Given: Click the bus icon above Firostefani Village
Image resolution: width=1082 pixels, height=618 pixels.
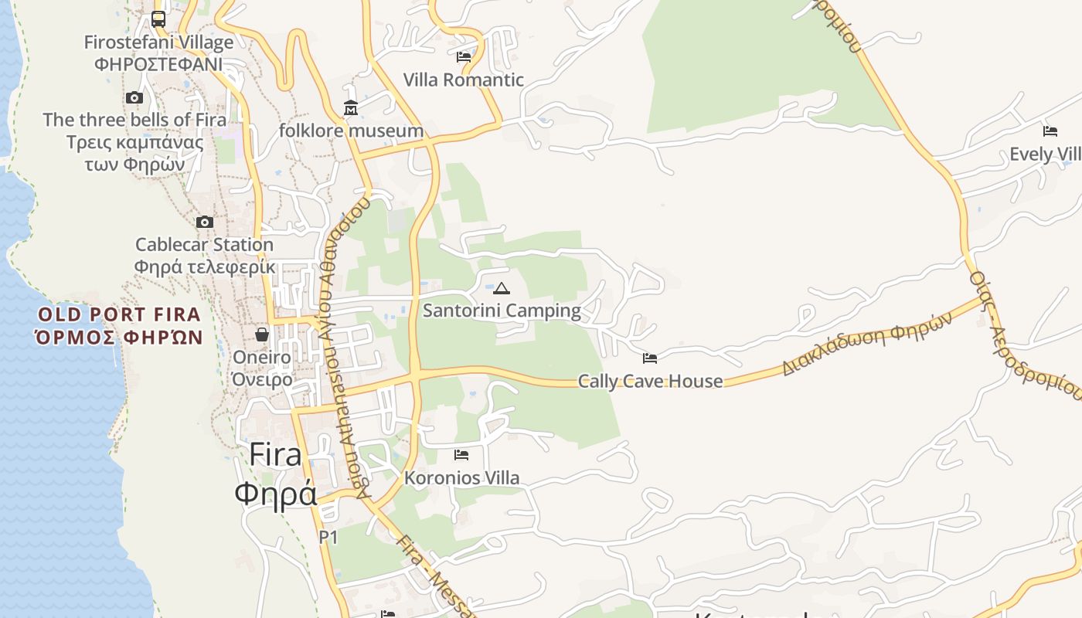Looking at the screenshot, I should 158,19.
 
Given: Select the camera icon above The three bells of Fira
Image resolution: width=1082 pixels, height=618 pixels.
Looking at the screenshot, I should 134,97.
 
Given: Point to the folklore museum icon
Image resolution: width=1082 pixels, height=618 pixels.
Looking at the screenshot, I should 351,107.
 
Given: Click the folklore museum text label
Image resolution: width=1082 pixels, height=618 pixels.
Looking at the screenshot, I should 351,131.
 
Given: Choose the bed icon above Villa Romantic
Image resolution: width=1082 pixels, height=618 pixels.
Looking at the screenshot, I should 464,56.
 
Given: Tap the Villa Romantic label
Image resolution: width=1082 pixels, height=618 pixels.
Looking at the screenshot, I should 464,80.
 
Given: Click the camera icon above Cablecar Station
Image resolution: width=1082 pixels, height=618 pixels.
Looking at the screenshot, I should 205,222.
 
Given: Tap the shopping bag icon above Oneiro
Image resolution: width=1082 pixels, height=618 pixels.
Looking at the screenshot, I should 262,334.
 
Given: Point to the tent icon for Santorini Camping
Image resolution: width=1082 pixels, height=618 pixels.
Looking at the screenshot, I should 502,289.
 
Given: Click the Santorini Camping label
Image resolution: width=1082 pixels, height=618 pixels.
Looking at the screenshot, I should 502,311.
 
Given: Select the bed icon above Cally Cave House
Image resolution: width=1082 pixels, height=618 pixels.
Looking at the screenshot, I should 650,358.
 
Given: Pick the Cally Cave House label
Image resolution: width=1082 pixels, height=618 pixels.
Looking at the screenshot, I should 650,381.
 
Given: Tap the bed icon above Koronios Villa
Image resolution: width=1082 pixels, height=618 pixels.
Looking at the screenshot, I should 461,455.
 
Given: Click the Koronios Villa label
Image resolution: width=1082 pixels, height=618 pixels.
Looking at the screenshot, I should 461,478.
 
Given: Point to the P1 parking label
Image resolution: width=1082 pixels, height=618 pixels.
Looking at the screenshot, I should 328,537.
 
